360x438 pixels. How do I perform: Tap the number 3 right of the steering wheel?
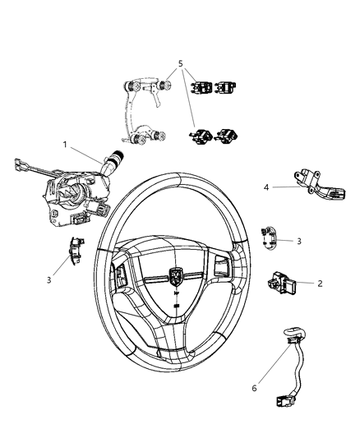[299, 241]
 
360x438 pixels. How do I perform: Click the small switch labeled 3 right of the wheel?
[269, 235]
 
